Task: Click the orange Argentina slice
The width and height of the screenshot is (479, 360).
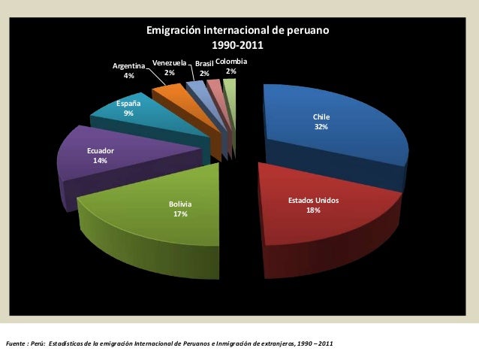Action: tap(171, 94)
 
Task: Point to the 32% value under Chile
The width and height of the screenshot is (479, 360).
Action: tap(321, 128)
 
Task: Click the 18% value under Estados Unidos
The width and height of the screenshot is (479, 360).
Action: tap(313, 211)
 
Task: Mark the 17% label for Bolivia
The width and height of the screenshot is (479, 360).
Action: tap(180, 214)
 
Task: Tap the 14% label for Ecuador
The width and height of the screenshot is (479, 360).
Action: tap(100, 161)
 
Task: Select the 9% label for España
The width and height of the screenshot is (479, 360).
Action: tap(129, 113)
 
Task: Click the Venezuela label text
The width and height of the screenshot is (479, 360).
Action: tap(169, 63)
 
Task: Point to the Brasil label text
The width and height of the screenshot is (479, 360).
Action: tap(203, 65)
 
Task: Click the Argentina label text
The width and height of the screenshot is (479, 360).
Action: tap(128, 66)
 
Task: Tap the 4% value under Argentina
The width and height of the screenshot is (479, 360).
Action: tap(129, 76)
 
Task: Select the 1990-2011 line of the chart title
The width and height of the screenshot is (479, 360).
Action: tap(237, 46)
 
